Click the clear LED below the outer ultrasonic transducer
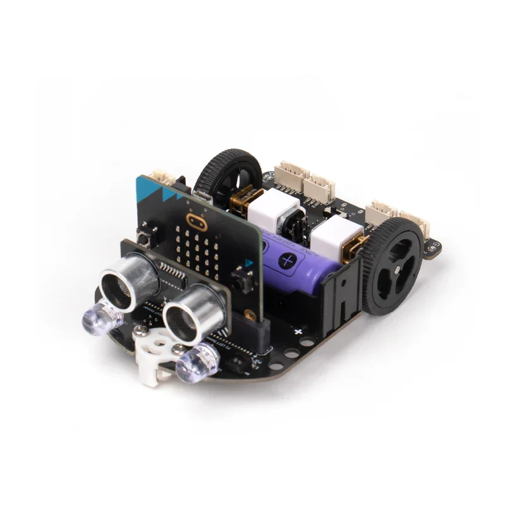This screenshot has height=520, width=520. [x=99, y=317]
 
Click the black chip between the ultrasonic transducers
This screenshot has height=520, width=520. [x=172, y=274]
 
